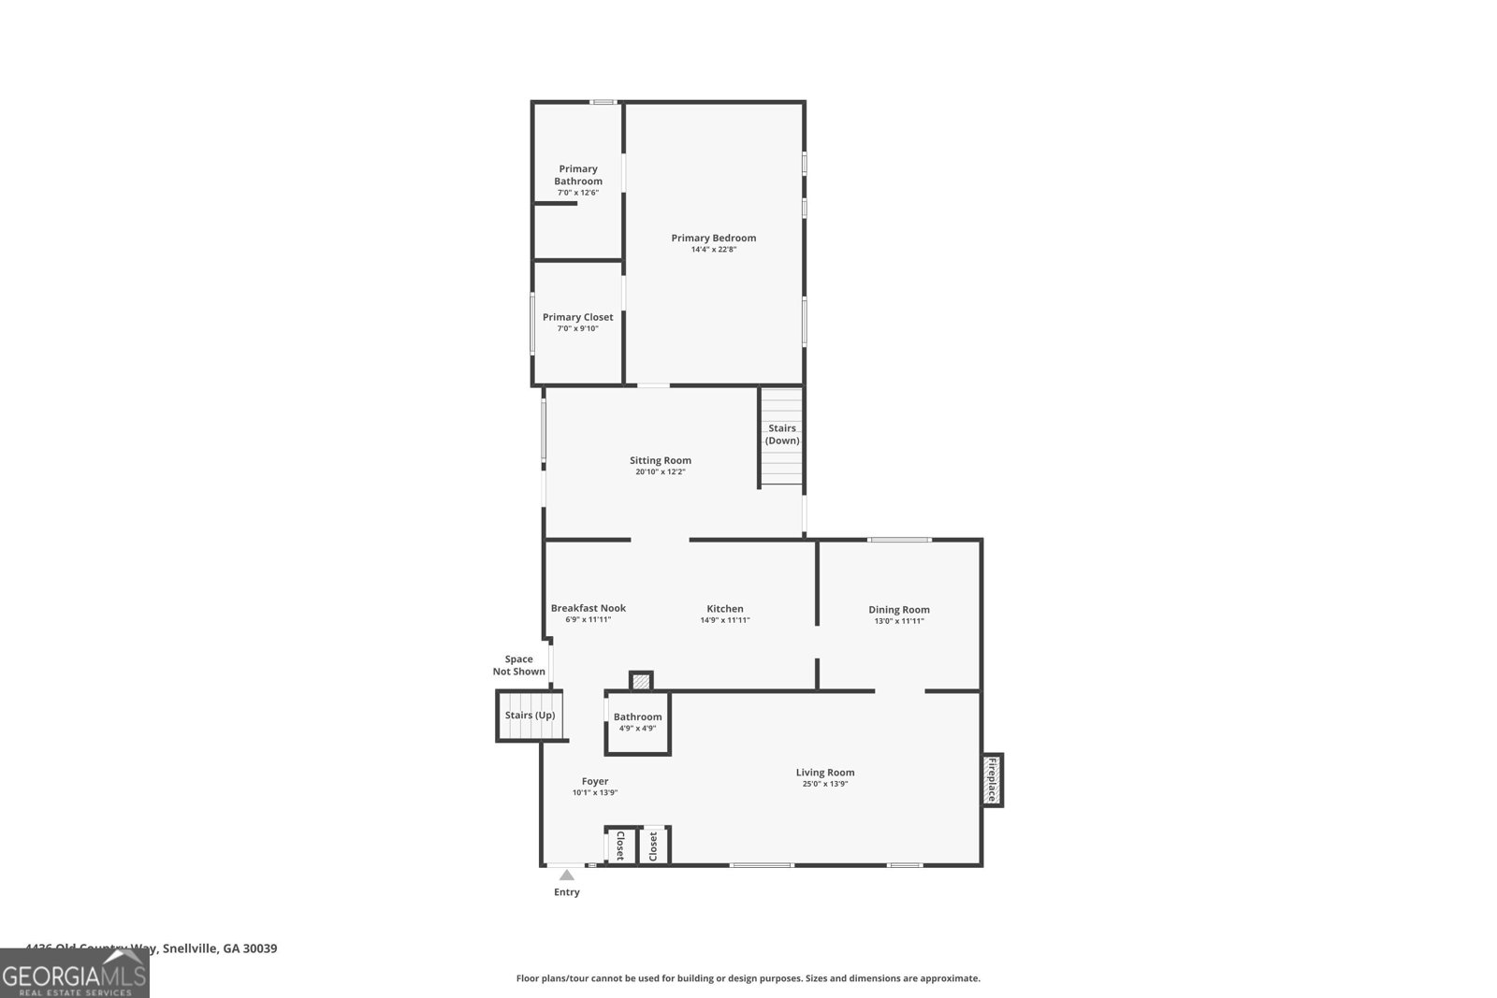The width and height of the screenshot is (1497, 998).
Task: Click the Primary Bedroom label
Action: tap(713, 238)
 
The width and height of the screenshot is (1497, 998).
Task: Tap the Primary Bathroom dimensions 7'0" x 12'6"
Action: tap(577, 193)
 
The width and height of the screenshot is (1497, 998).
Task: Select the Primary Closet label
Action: tap(577, 317)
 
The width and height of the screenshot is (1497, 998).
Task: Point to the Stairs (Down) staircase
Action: tap(781, 437)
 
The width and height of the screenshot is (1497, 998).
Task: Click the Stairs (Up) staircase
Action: tap(530, 716)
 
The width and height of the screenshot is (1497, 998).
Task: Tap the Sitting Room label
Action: tap(660, 460)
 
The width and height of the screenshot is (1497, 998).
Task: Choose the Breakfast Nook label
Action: tap(588, 608)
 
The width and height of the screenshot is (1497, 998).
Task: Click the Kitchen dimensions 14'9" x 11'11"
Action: tap(724, 620)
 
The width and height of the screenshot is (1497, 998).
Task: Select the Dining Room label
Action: tap(898, 609)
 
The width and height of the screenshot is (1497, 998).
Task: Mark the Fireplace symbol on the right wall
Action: tap(992, 780)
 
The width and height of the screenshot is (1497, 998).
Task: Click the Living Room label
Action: tap(824, 773)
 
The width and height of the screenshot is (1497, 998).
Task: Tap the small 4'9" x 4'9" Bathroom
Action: tap(637, 722)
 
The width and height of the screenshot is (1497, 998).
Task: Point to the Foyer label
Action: tap(594, 781)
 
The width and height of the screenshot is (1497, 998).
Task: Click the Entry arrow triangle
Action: tap(566, 875)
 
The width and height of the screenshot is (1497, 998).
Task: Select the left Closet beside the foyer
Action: tap(619, 846)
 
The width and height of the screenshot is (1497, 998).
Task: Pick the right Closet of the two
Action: tap(653, 846)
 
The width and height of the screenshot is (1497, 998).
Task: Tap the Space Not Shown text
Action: tap(518, 665)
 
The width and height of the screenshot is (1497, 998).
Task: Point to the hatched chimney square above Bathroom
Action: tap(640, 681)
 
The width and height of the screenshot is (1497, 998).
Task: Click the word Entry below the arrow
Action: tap(566, 892)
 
